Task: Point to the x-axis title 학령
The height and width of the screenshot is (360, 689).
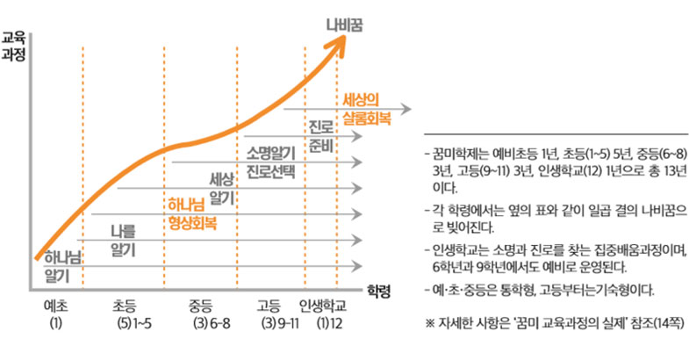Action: coord(378,288)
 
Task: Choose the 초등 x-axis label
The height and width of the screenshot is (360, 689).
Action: coord(124,307)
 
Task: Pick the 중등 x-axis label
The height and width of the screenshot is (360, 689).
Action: coord(201,307)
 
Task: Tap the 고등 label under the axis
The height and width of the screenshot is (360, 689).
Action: coord(269,307)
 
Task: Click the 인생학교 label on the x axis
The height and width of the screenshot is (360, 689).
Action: coord(323,307)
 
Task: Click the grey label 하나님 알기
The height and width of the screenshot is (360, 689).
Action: coord(57,265)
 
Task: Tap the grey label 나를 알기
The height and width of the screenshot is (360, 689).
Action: coord(123,241)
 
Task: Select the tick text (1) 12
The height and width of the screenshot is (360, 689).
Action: coord(329,325)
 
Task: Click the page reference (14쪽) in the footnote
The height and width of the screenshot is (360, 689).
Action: coord(669,323)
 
